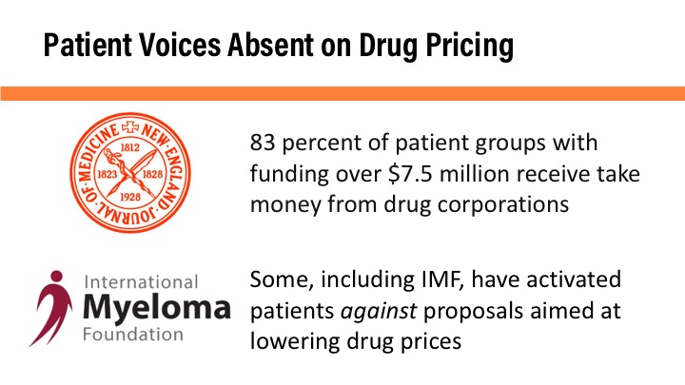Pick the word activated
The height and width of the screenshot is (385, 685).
[x=569, y=282]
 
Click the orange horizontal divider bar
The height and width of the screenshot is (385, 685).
[x=342, y=93]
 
